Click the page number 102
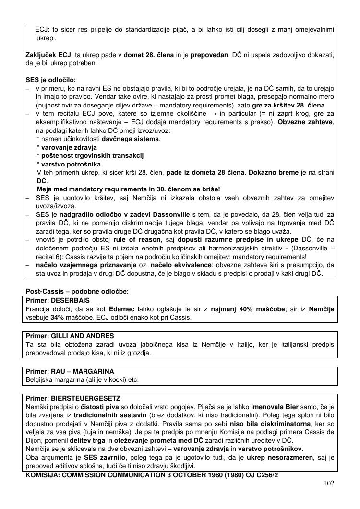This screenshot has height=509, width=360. click(329, 483)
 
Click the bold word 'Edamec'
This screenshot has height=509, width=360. click(122, 309)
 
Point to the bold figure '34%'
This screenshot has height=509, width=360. click(59, 317)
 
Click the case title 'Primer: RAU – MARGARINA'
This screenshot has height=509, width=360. click(70, 372)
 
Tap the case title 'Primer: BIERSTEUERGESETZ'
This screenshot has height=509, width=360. click(73, 398)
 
